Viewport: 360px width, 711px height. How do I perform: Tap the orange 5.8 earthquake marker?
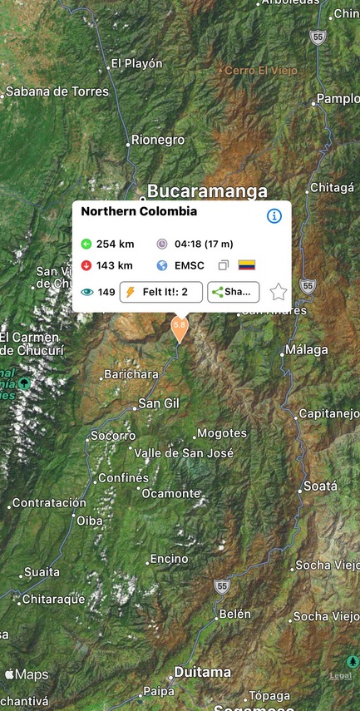179,327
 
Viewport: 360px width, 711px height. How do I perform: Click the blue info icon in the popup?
274,216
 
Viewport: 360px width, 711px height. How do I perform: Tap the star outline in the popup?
278,292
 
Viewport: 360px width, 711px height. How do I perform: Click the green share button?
233,292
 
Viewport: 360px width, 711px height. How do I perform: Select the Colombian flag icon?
247,265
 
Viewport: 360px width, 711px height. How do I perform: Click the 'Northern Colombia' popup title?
139,211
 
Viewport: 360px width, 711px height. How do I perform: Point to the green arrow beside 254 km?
86,244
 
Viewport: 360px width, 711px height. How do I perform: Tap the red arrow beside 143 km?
86,265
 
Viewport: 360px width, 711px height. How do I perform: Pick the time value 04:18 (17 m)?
204,244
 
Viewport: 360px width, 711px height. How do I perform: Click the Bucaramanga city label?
207,192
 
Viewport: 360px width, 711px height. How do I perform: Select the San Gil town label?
159,403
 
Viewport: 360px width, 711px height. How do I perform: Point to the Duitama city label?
202,672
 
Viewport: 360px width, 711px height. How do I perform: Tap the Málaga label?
306,350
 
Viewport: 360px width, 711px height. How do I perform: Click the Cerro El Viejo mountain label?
263,71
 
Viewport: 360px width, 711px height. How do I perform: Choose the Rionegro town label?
158,141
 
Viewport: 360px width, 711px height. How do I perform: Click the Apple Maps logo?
27,674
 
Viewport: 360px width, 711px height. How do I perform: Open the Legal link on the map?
341,676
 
